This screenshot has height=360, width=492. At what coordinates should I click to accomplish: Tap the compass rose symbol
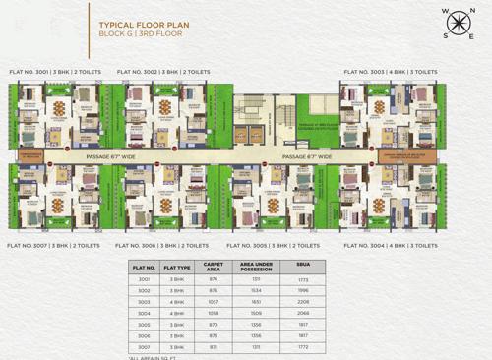pyautogui.click(x=459, y=22)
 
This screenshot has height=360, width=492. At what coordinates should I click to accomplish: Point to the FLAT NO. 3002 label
pyautogui.click(x=163, y=72)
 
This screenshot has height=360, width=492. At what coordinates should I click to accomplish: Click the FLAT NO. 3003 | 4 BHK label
pyautogui.click(x=391, y=72)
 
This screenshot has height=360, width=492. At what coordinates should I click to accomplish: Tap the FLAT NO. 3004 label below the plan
pyautogui.click(x=391, y=245)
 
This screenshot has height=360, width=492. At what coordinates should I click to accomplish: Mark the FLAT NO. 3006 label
pyautogui.click(x=161, y=245)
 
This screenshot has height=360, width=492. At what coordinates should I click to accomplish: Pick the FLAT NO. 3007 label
pyautogui.click(x=53, y=245)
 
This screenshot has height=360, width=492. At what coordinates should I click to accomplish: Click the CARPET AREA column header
pyautogui.click(x=214, y=266)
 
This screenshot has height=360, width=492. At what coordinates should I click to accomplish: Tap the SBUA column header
pyautogui.click(x=302, y=266)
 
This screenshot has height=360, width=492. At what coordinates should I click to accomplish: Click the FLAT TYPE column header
pyautogui.click(x=177, y=266)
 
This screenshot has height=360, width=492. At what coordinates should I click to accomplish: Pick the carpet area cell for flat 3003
pyautogui.click(x=214, y=302)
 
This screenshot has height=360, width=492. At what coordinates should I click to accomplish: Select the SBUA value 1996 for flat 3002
pyautogui.click(x=302, y=291)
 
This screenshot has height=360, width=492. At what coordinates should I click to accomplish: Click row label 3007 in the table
pyautogui.click(x=144, y=346)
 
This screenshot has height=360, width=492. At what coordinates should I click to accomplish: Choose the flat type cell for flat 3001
pyautogui.click(x=177, y=279)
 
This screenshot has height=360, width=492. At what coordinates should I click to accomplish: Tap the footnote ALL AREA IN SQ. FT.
pyautogui.click(x=156, y=357)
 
